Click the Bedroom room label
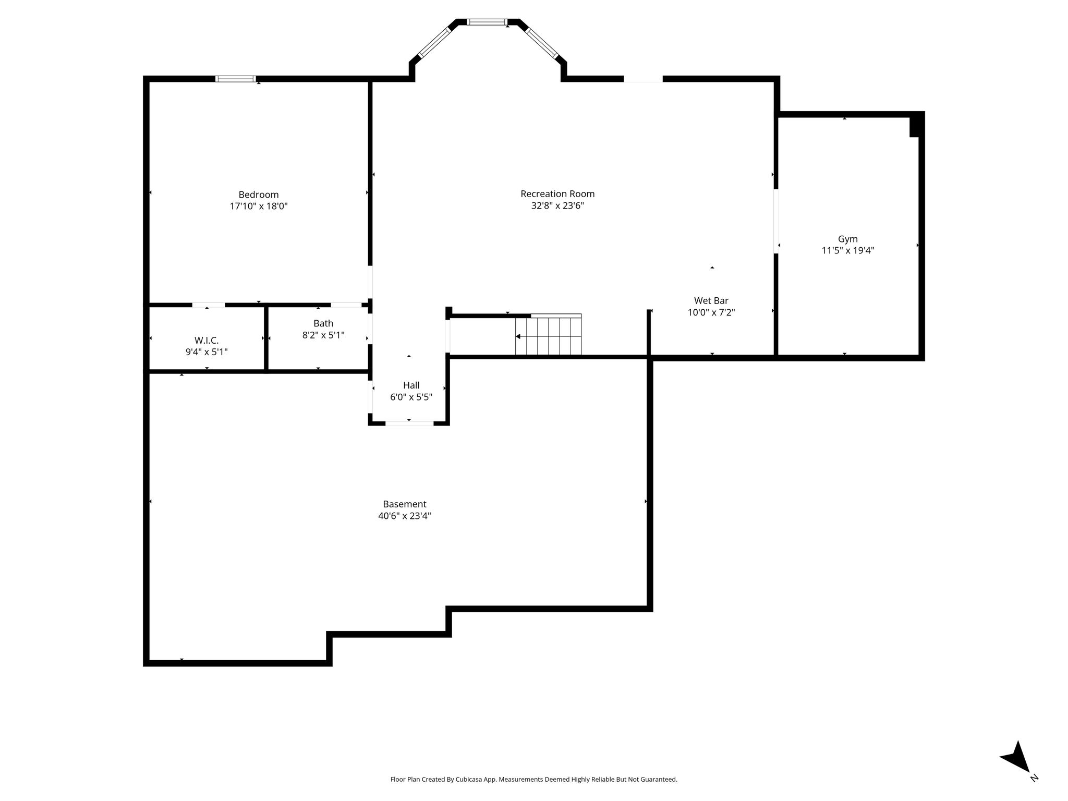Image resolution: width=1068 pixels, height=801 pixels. (x=259, y=195)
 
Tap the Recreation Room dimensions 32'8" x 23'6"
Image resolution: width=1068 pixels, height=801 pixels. (x=557, y=205)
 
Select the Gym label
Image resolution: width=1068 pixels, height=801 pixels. (x=848, y=239)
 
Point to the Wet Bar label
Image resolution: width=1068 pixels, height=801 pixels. (x=711, y=301)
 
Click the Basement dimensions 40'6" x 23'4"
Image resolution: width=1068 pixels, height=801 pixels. (x=405, y=516)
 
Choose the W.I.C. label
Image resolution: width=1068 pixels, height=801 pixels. (x=207, y=341)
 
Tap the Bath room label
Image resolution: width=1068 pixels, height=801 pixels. (x=323, y=323)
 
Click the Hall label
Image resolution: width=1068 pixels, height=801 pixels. (x=411, y=385)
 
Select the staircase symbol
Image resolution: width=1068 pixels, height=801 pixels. (x=548, y=335)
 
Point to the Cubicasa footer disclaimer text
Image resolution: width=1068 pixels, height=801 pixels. (x=534, y=780)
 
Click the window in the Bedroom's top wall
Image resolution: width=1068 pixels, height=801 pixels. (x=236, y=79)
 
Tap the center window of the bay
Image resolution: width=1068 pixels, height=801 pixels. (x=487, y=22)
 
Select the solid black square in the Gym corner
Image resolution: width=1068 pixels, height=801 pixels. (x=916, y=126)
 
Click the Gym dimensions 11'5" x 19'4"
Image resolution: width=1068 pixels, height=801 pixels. (x=848, y=251)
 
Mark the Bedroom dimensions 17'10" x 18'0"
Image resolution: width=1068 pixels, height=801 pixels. (x=259, y=206)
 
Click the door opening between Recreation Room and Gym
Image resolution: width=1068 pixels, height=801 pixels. (x=776, y=221)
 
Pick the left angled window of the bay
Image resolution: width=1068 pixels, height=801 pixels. (x=434, y=42)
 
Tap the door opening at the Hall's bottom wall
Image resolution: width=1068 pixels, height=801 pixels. (x=409, y=423)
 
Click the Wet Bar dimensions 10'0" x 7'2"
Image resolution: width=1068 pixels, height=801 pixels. (x=711, y=313)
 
